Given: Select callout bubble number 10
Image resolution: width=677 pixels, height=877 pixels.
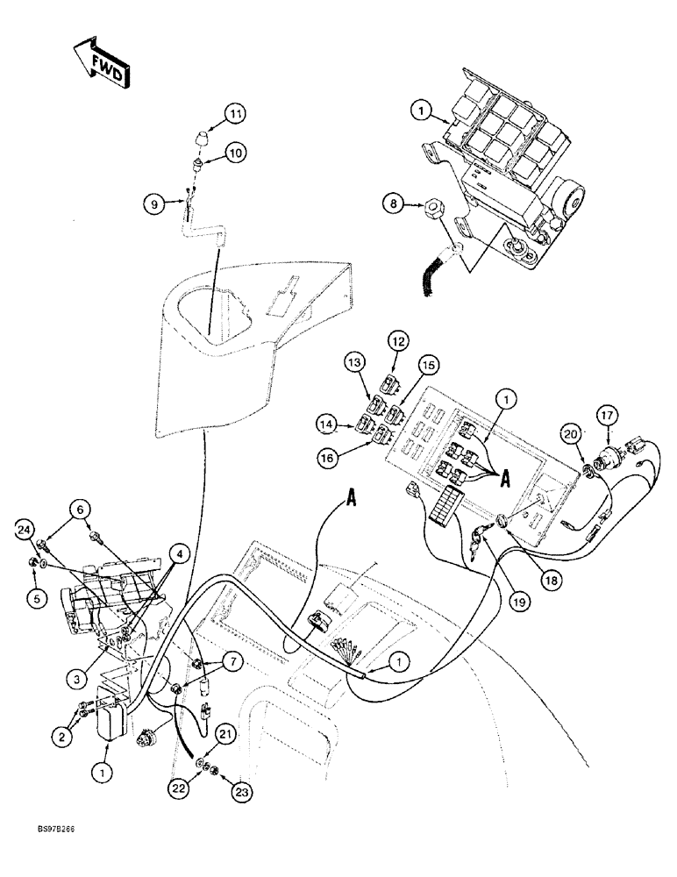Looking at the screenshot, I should pos(235,153).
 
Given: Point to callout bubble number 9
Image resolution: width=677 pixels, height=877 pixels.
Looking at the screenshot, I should pos(153,205).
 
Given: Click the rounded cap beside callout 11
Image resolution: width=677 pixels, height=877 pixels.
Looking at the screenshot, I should pos(201,140).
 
